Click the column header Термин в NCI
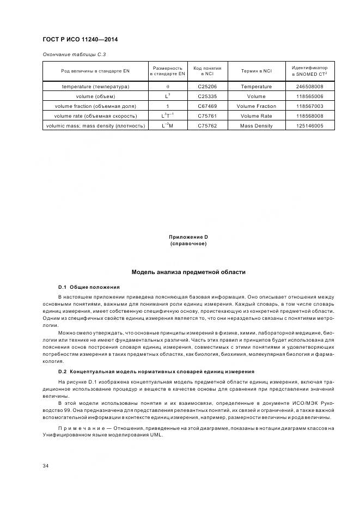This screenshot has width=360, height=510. [256, 71]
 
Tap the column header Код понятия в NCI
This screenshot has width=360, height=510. [208, 71]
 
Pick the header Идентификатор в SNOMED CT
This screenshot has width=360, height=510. [309, 71]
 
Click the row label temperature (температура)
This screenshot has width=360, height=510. [95, 87]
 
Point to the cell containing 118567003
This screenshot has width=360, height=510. [309, 106]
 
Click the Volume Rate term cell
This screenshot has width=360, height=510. [256, 116]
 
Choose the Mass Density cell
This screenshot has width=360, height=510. [256, 126]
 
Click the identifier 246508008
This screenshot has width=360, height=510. [309, 87]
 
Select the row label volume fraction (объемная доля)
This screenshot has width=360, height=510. [95, 106]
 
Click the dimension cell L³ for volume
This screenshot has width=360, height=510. [168, 96]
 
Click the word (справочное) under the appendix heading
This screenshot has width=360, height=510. [188, 244]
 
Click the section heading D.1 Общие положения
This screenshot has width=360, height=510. [89, 287]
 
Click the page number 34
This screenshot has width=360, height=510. [46, 465]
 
